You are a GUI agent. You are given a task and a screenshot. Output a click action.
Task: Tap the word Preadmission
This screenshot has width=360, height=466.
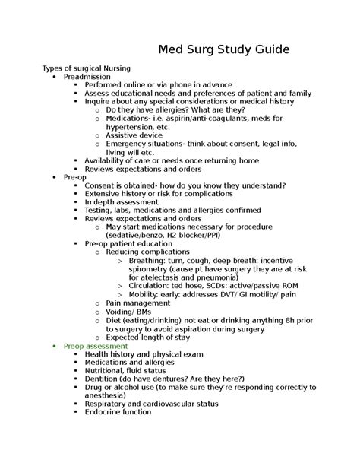(x=87, y=77)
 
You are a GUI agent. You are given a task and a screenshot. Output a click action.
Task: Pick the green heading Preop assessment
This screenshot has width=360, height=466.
(x=96, y=345)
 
